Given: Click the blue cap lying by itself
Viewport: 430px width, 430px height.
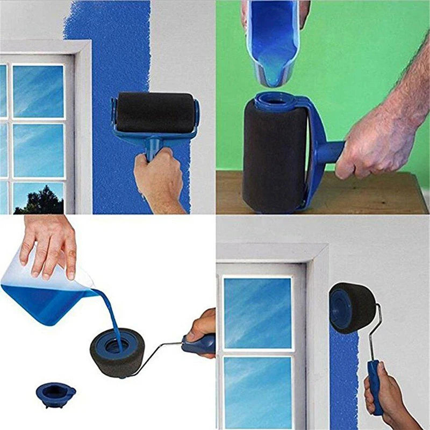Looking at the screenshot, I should [55, 394].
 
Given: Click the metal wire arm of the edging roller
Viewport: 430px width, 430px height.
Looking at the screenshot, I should [376, 333].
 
